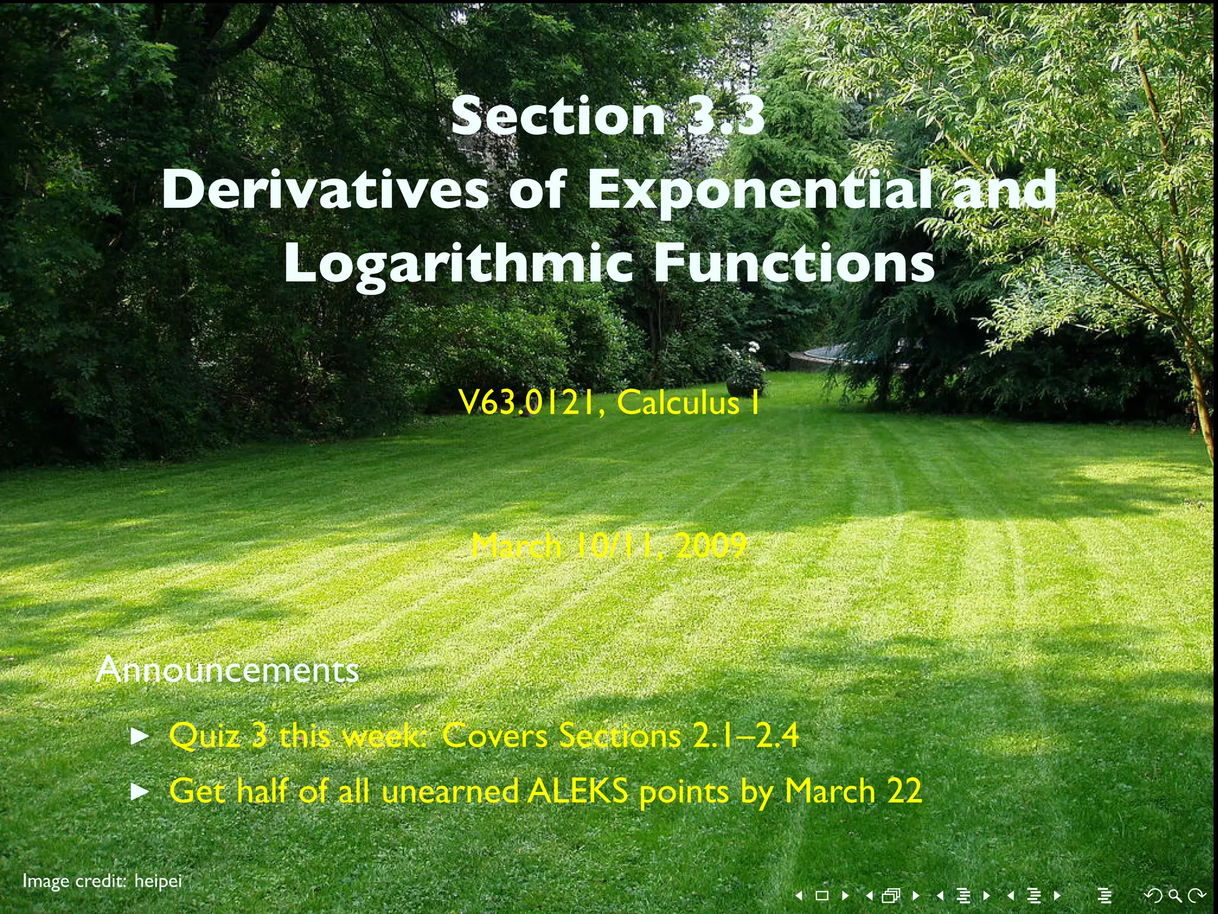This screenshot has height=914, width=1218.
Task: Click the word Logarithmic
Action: pyautogui.click(x=458, y=264)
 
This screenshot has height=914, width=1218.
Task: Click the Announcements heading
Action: pyautogui.click(x=227, y=669)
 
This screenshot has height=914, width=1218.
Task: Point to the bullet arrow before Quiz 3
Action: pyautogui.click(x=139, y=737)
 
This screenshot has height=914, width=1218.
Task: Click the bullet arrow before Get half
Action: pyautogui.click(x=139, y=792)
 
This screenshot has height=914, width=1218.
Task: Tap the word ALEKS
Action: pyautogui.click(x=578, y=791)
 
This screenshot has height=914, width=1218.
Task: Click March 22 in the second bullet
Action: pyautogui.click(x=853, y=791)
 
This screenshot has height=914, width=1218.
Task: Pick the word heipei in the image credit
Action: pyautogui.click(x=158, y=881)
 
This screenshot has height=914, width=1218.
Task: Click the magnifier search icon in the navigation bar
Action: pyautogui.click(x=1175, y=894)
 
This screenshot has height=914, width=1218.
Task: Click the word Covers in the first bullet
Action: pyautogui.click(x=494, y=736)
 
